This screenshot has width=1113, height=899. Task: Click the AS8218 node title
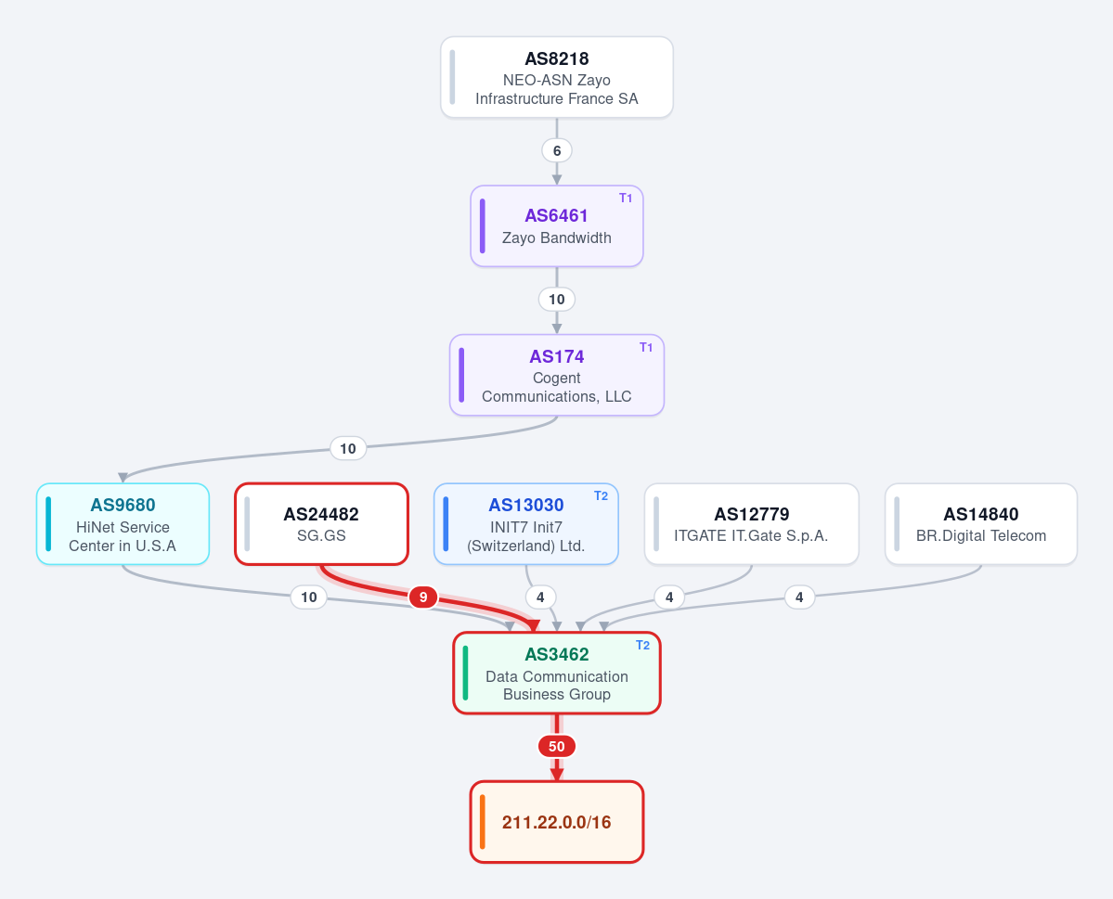557,58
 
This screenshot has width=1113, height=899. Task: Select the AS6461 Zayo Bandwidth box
557,226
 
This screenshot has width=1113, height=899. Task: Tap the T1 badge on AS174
646,347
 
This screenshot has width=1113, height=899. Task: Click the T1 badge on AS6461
626,198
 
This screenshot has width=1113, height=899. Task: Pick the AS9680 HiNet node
123,524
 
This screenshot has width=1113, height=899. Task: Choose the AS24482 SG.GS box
321,524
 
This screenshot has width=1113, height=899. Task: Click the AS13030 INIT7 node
526,524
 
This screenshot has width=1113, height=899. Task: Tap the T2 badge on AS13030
601,496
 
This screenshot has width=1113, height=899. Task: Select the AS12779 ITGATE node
752,524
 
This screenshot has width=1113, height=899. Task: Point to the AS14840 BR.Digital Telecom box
981,524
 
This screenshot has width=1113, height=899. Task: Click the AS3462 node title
557,654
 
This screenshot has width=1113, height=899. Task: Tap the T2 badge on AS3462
642,645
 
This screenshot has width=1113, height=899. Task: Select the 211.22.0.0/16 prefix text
557,822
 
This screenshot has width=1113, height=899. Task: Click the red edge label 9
423,597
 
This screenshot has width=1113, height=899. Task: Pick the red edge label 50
557,747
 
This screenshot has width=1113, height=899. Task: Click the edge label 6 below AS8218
557,150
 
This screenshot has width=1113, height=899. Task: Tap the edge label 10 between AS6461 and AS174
557,300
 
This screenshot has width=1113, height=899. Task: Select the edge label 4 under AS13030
540,597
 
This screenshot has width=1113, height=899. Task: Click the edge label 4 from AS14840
799,597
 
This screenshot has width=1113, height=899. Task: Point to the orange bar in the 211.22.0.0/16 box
483,822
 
